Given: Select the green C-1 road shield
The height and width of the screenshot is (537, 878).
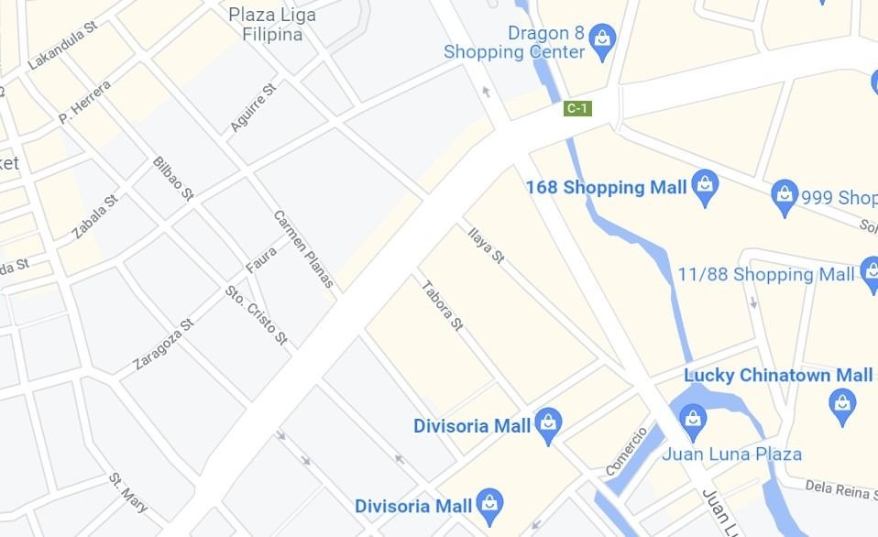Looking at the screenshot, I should point(577,108).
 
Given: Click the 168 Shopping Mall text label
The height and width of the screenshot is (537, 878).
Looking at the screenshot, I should point(606,188).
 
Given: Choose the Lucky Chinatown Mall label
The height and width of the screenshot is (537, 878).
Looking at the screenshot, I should point(778,375).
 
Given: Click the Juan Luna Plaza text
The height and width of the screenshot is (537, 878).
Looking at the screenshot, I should point(731,454).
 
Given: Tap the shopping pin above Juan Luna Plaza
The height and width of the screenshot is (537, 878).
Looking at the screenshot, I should point(694,420).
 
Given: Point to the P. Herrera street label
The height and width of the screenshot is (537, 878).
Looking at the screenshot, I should point(84,103).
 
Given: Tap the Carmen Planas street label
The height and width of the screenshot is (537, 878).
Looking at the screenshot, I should point(303,248).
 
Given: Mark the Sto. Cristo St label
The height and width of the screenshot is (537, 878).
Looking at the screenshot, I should point(257,316).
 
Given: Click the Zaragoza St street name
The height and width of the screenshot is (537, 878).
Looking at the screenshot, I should point(163,344).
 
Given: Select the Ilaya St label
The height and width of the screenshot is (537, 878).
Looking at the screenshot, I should point(486,245).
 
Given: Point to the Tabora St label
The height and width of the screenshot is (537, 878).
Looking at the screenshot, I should point(442,305).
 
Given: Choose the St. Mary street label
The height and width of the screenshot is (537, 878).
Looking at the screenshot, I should point(128,492).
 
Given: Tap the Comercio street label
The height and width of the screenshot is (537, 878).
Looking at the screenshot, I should point(626,451).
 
